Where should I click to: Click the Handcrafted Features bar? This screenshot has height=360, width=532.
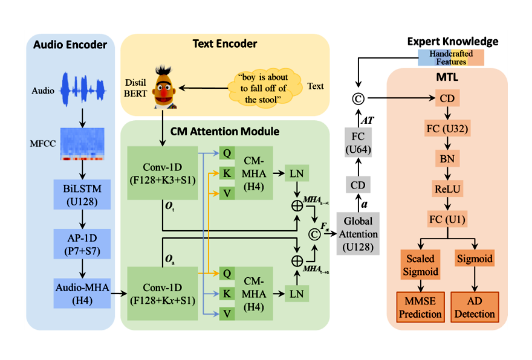tap(452, 58)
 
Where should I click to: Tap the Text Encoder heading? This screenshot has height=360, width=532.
tap(225, 44)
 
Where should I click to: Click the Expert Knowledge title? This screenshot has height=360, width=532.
tap(453, 41)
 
